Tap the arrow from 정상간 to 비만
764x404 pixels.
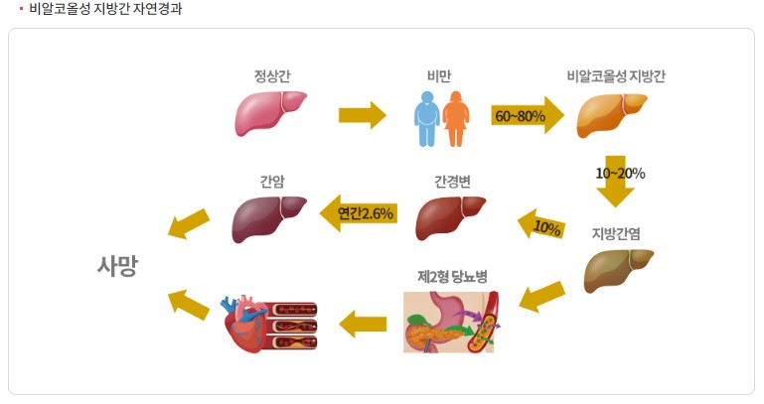[362, 115]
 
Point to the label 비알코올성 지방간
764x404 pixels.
[615, 76]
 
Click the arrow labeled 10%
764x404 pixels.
[542, 227]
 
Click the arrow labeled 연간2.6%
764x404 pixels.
[359, 212]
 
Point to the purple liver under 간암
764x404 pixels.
[268, 217]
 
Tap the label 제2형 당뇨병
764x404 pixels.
[452, 276]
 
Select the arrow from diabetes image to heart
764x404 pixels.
[363, 323]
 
